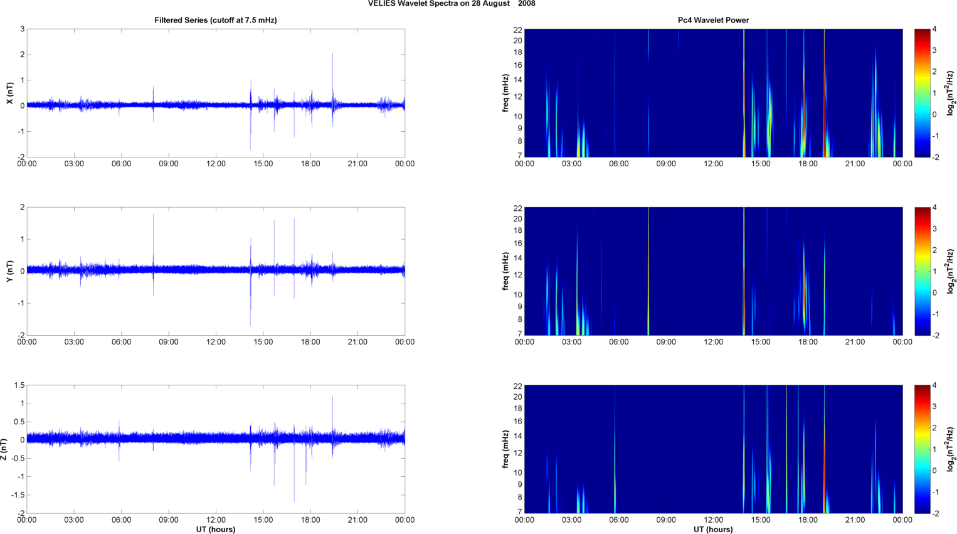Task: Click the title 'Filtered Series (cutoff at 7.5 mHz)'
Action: [x=215, y=20]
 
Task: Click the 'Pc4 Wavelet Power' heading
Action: [x=713, y=20]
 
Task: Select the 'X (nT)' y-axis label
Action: [x=9, y=93]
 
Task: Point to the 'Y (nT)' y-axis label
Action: [x=9, y=271]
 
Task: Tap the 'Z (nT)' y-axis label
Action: [x=4, y=449]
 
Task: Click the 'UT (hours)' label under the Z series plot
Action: [x=215, y=529]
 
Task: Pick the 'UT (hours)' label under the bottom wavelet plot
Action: [x=713, y=529]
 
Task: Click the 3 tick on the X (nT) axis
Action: [x=22, y=29]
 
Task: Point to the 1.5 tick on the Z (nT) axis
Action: [x=19, y=385]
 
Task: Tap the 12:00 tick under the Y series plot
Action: [x=216, y=342]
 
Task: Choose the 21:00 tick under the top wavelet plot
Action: [x=855, y=164]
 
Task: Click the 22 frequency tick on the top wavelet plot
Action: [x=517, y=29]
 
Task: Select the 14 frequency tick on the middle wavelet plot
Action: [x=517, y=258]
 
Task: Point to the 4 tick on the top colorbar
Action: [x=934, y=29]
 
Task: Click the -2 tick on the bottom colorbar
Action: [x=936, y=513]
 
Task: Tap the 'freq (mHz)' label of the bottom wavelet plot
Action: [x=505, y=449]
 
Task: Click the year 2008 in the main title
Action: [x=526, y=4]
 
